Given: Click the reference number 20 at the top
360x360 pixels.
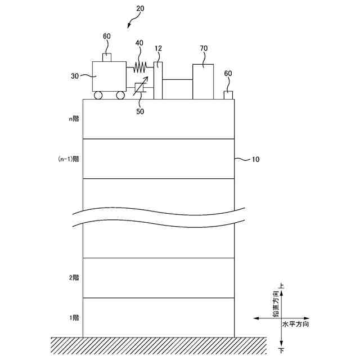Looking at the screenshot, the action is [139, 8].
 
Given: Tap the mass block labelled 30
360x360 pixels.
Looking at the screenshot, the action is [109, 76].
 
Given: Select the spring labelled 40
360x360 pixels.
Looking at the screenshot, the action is [140, 67].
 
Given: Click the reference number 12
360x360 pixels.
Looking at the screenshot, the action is [158, 49].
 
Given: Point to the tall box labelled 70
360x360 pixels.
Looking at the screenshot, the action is [203, 82].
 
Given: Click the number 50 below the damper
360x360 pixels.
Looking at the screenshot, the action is [140, 111].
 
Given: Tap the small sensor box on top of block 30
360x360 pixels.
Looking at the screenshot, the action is [106, 57].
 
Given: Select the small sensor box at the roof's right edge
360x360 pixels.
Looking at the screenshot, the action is [228, 94].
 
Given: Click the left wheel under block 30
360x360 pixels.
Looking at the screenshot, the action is [98, 96].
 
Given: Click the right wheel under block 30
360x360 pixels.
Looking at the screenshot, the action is [120, 96].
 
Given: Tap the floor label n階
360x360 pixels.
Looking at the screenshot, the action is [73, 119].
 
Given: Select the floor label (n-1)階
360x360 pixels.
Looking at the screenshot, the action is [69, 159].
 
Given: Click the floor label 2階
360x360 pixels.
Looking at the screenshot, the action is [74, 278].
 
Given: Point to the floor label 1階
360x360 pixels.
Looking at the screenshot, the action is [74, 318].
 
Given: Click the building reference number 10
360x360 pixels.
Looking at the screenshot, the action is [255, 160].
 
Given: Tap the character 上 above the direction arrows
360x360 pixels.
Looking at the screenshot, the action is [281, 286].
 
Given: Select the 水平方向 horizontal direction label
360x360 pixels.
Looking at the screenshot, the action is [295, 325].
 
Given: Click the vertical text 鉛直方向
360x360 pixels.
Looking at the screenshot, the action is [276, 304].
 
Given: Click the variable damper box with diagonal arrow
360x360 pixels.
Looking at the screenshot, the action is [139, 89].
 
